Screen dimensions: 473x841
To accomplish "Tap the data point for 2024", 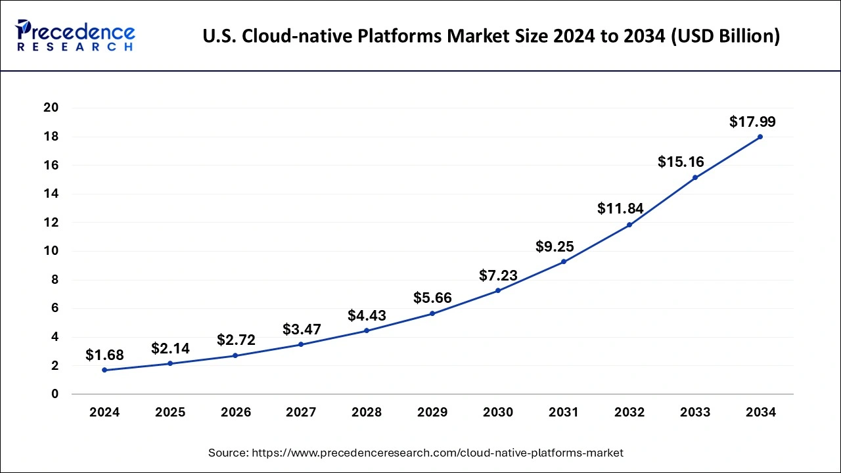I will pyautogui.click(x=104, y=370).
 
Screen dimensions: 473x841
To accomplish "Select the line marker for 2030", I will pyautogui.click(x=498, y=290).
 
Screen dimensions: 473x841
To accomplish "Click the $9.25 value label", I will pyautogui.click(x=555, y=247).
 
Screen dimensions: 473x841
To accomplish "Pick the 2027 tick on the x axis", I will pyautogui.click(x=301, y=413).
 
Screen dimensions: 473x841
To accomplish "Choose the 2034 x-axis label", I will pyautogui.click(x=760, y=413).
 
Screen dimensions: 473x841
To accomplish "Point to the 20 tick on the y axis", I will pyautogui.click(x=51, y=108).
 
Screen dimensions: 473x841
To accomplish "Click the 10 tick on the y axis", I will pyautogui.click(x=51, y=251).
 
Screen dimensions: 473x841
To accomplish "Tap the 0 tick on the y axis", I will pyautogui.click(x=55, y=394).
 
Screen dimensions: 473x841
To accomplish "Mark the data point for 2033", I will pyautogui.click(x=694, y=177).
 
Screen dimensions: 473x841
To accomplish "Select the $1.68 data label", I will pyautogui.click(x=105, y=355).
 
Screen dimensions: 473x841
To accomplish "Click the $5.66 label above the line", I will pyautogui.click(x=432, y=298).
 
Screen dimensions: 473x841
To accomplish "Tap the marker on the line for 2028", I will pyautogui.click(x=367, y=330).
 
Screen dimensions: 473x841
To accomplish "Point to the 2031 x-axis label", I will pyautogui.click(x=564, y=413).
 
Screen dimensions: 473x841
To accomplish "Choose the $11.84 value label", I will pyautogui.click(x=620, y=209).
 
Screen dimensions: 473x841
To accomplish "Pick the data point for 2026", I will pyautogui.click(x=235, y=355).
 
